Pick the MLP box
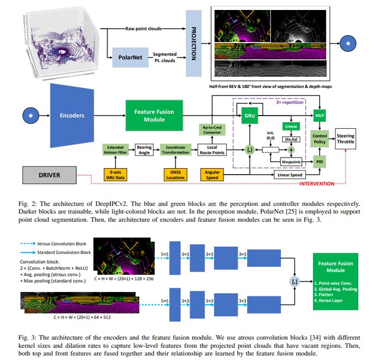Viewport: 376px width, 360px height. (320, 117)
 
